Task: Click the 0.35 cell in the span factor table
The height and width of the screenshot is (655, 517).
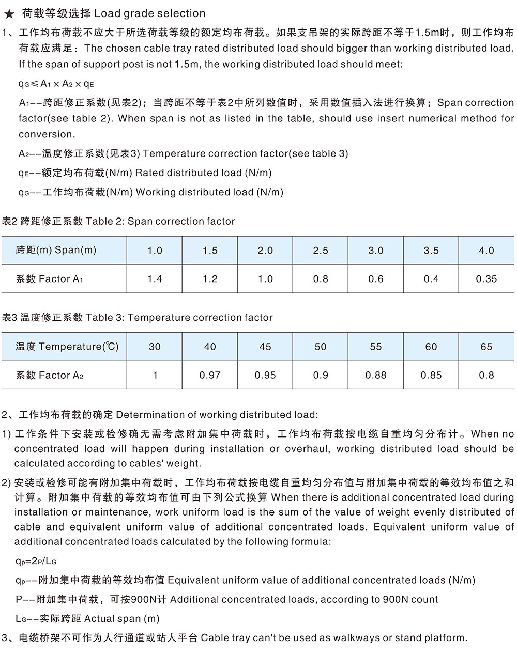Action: [486, 279]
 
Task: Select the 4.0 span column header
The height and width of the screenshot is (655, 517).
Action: [486, 251]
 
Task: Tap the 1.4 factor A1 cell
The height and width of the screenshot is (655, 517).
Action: [155, 279]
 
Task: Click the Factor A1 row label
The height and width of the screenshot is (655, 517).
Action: [50, 279]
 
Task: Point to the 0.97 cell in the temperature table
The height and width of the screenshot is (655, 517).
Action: [210, 375]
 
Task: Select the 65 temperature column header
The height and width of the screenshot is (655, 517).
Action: [486, 347]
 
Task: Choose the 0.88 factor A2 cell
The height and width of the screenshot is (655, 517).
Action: [376, 375]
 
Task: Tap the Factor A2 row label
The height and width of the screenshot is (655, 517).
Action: [50, 375]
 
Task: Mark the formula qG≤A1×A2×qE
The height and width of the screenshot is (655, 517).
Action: [56, 84]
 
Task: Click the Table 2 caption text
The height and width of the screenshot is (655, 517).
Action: [118, 222]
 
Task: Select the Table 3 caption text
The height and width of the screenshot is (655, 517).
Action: [137, 317]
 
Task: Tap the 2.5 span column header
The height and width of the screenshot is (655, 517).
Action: [321, 251]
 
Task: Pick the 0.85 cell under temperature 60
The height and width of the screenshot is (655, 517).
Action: [431, 375]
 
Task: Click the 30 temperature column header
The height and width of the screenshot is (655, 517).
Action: [155, 347]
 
